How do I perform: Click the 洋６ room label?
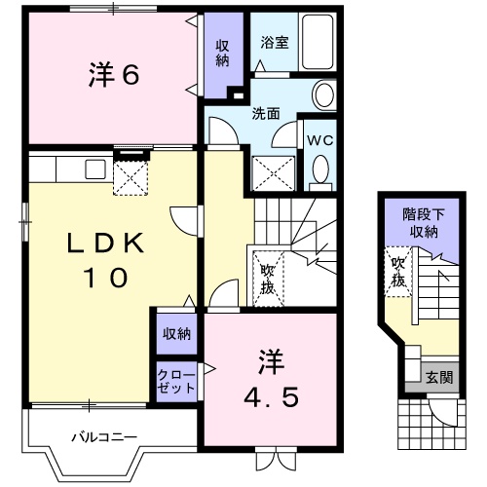tap(114, 74)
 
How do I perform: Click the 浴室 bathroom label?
tap(274, 43)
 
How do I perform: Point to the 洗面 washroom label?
tap(266, 113)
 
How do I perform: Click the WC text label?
tap(320, 139)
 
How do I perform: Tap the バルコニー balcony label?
tap(103, 436)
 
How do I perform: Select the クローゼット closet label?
tap(176, 380)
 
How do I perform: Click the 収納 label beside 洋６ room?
tap(223, 52)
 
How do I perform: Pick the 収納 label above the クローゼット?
tap(176, 334)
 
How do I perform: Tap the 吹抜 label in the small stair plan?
tap(397, 272)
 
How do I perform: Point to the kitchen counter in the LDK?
tap(68, 168)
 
